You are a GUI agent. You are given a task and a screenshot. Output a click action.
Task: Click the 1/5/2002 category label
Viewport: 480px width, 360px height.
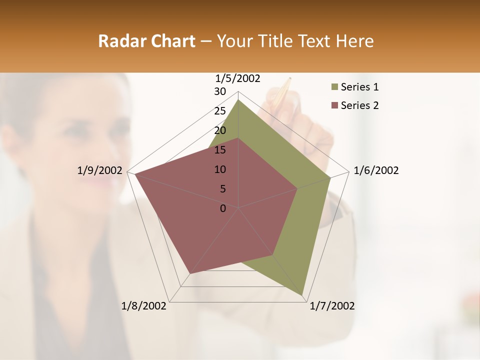pos(238,78)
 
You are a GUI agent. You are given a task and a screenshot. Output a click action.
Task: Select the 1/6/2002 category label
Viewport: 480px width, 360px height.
pos(376,170)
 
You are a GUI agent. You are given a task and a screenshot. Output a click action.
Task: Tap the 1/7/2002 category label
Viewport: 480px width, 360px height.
pos(332,306)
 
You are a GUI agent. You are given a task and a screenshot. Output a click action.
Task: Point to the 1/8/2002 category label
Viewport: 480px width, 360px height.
pos(144,306)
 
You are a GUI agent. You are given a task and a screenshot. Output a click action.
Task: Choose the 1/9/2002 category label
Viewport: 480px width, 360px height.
pos(100,170)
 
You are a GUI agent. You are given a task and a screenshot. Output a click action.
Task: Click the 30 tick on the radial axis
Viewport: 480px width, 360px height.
pos(220,91)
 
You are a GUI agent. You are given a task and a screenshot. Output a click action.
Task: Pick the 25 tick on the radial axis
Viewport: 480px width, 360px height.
pos(220,111)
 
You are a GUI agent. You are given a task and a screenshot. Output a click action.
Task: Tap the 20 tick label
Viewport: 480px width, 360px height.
pos(220,130)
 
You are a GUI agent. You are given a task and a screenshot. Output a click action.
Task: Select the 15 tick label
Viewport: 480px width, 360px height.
pos(220,150)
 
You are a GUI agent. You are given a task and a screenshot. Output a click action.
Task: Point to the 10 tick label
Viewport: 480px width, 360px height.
pos(220,169)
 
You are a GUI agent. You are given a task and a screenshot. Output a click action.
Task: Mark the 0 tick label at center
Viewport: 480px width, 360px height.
pos(223,208)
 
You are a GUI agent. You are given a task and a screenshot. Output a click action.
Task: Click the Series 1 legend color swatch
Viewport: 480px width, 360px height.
pos(333,87)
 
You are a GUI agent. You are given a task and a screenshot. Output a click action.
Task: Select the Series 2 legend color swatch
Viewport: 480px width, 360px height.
pos(333,105)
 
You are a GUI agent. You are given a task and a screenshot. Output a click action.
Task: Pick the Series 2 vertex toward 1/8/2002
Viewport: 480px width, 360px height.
pos(190,274)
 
